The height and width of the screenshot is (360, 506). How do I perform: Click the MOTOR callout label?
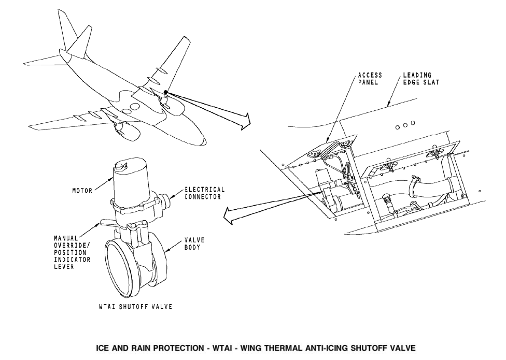coord(82,191)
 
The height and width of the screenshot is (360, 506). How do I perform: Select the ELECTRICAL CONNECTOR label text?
coord(205,193)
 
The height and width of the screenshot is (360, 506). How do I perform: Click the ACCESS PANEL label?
coord(370,79)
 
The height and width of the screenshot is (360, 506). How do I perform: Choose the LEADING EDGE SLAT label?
coord(421,79)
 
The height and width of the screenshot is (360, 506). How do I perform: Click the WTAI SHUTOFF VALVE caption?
coord(135,307)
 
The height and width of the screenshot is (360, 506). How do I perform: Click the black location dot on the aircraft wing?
coord(165,92)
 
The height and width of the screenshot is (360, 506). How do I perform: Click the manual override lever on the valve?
coord(107,224)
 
